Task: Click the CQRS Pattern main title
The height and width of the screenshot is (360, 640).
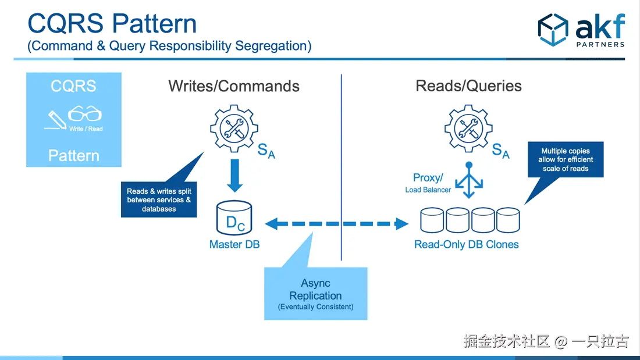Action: (112, 24)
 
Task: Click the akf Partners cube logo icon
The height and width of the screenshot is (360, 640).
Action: (552, 30)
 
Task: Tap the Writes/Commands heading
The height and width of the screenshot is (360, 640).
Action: (234, 86)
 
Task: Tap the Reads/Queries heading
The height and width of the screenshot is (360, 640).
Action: (468, 86)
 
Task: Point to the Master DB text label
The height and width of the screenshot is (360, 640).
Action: (234, 245)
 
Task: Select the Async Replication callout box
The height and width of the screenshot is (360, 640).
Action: (316, 294)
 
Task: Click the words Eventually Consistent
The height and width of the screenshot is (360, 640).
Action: (316, 306)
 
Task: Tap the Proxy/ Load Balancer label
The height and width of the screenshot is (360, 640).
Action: (428, 183)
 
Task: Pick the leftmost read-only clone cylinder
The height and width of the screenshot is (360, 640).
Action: (432, 220)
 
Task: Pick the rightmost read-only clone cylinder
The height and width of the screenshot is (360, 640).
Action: (508, 220)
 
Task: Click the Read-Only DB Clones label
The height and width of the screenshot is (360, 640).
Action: (466, 245)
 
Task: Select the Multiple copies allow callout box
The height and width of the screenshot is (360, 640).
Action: (566, 159)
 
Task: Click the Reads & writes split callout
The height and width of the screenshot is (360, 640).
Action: (159, 200)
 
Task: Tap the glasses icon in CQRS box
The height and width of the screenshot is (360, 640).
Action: (85, 114)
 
